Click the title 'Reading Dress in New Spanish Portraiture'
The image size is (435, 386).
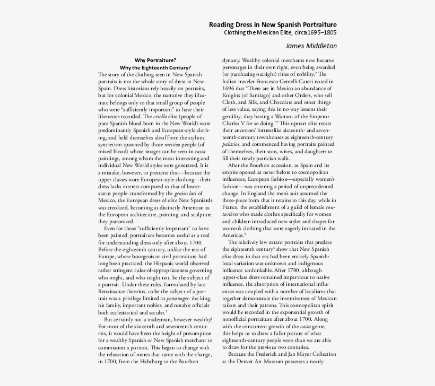click(x=272, y=24)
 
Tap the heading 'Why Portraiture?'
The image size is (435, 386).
click(x=155, y=60)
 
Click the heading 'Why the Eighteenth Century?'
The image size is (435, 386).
click(x=155, y=68)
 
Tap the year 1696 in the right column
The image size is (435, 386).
click(x=229, y=88)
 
